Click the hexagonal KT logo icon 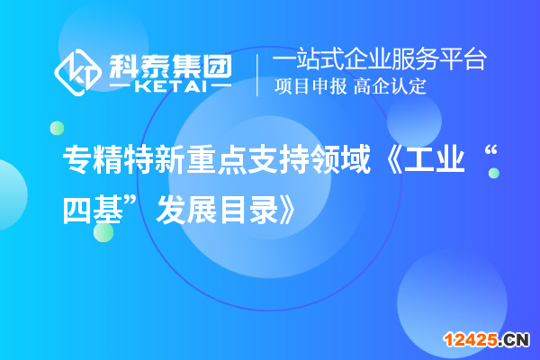[78, 72]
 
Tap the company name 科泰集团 [170, 63]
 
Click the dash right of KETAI [220, 86]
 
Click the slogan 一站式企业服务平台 [379, 60]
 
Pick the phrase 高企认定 [390, 87]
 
